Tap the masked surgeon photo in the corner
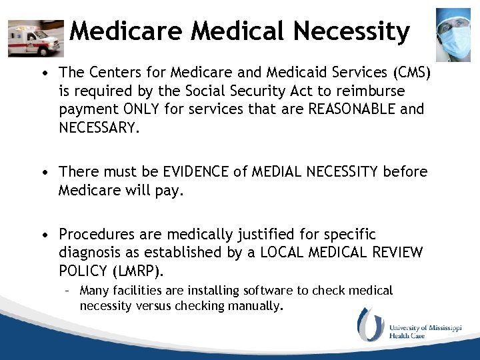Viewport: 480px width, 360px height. click(453, 34)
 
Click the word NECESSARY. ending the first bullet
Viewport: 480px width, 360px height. click(100, 127)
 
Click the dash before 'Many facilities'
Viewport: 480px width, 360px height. click(67, 291)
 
